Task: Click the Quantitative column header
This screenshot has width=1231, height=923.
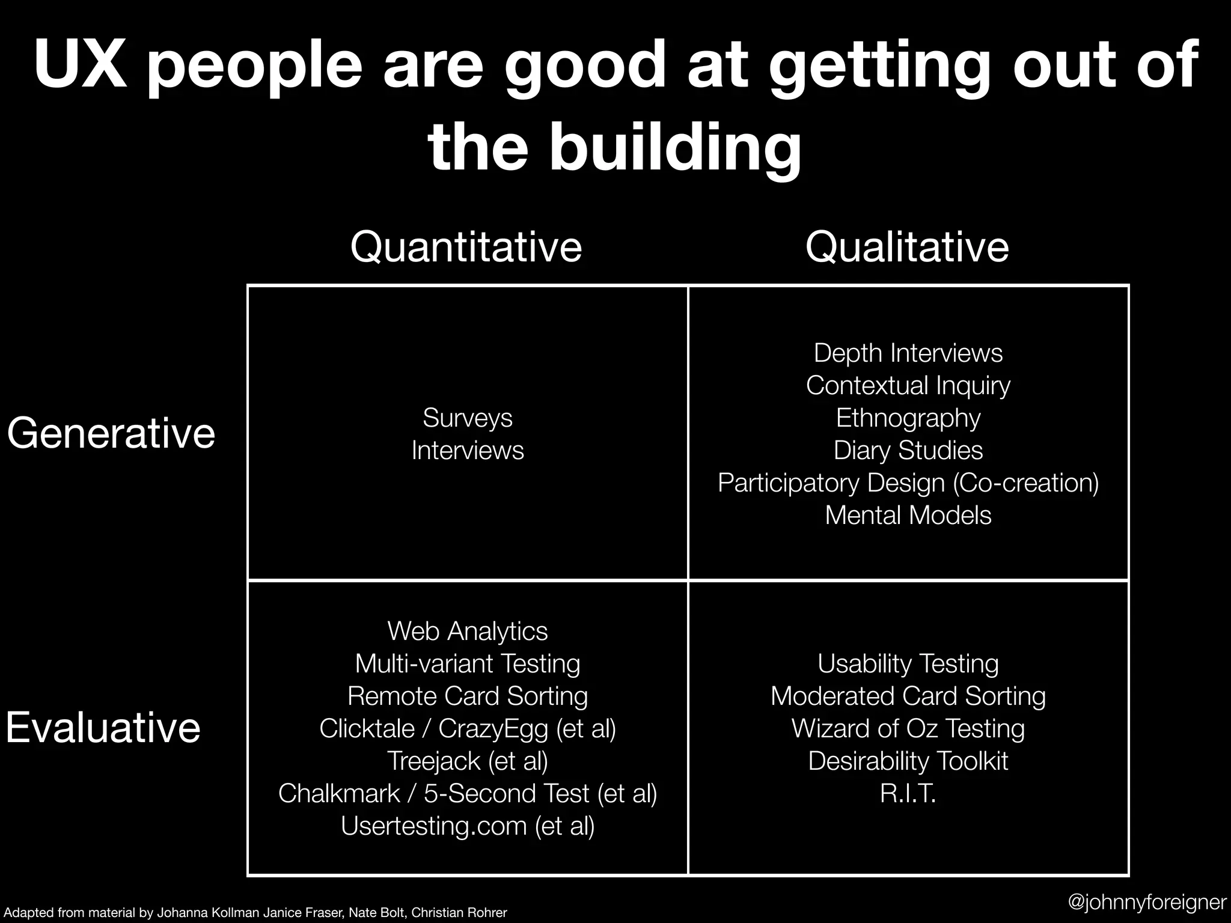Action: tap(466, 247)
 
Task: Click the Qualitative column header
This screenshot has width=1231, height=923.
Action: tap(907, 247)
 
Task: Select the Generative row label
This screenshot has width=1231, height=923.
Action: tap(111, 433)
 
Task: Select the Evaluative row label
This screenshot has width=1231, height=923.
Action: tap(103, 728)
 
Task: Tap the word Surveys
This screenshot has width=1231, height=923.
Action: tap(468, 418)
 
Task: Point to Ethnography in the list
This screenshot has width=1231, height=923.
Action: tap(908, 418)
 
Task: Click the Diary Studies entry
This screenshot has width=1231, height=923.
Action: tap(908, 450)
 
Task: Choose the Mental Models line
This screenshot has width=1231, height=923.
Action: tap(908, 515)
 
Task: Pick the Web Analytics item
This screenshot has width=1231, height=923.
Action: tap(468, 631)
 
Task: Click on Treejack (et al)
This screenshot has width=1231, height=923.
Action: tap(468, 761)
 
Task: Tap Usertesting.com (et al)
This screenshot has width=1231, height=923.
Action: tap(468, 826)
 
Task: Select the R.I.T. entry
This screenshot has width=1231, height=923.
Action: tap(908, 793)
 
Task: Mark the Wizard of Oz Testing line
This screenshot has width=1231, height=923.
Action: tap(908, 728)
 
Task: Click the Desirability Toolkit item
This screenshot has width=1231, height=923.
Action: tap(908, 761)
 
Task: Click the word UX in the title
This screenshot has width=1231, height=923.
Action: tap(80, 64)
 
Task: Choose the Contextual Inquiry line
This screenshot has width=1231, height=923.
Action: tap(908, 385)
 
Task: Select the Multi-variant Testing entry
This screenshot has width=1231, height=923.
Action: tap(468, 663)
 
